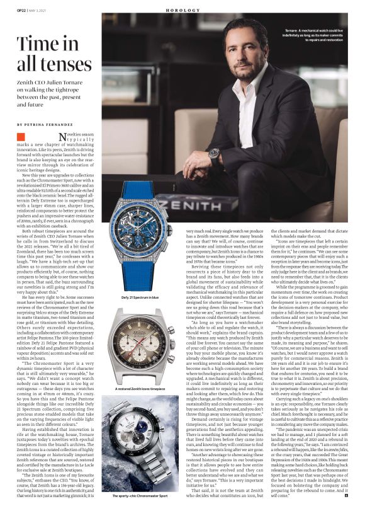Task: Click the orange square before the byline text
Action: click(x=21, y=136)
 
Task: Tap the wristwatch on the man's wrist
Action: click(x=214, y=153)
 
